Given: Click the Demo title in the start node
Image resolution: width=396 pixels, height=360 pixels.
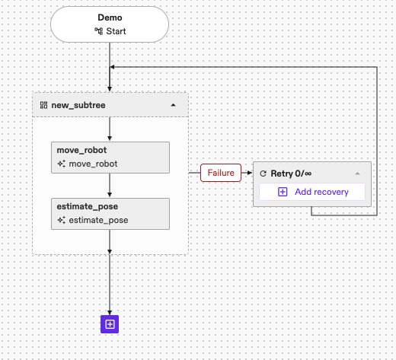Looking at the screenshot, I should (x=110, y=18).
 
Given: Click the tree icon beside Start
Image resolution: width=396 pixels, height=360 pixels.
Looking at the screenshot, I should (x=97, y=32).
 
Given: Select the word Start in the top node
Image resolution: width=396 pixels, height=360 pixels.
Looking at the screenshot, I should (x=116, y=32).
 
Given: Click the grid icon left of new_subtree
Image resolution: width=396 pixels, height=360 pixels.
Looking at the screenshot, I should (x=44, y=104).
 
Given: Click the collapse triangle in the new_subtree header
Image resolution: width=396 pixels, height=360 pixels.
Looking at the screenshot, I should (x=173, y=104).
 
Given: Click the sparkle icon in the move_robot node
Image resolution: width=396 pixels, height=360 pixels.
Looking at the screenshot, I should (x=61, y=164).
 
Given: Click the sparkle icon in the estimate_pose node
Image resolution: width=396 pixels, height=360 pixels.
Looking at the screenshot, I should (x=61, y=220).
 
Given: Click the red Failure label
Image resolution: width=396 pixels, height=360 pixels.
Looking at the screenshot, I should (x=221, y=174).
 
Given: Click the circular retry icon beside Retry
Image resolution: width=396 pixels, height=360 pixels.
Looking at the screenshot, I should (x=263, y=174).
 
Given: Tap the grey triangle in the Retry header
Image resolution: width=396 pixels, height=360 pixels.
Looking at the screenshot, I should (x=356, y=174).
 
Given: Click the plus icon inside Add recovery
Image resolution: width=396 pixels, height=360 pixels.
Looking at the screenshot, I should (x=283, y=192).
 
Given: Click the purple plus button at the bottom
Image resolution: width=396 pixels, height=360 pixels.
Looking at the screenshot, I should (x=110, y=324).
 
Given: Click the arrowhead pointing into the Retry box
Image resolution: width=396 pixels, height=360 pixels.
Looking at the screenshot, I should (x=249, y=174).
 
